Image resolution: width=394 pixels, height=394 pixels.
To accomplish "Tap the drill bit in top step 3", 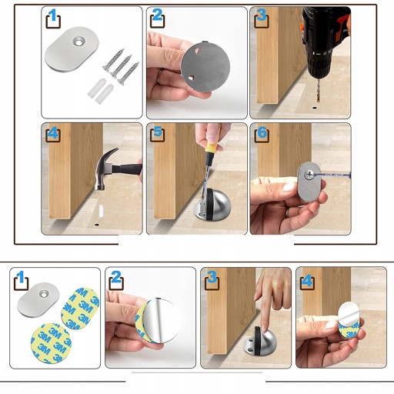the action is [x=319, y=91].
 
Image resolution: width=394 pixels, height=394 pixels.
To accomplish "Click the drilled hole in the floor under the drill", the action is [x=315, y=107].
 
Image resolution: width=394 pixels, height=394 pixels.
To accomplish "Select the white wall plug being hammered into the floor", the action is [x=101, y=211].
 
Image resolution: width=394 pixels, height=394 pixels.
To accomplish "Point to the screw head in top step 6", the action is [x=309, y=175].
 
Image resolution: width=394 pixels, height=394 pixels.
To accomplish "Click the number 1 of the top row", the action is [x=53, y=15].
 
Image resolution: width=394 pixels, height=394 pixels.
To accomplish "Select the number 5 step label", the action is [x=158, y=132].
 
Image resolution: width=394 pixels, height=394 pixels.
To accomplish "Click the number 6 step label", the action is [x=262, y=132].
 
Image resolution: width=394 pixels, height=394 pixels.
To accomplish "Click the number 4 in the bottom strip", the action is [x=307, y=281].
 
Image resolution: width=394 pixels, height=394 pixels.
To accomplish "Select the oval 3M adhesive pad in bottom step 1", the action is [x=80, y=309].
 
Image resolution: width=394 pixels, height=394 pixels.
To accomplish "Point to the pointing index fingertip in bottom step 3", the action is [x=264, y=329].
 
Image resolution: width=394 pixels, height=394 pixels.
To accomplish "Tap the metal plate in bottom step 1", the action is [x=38, y=300].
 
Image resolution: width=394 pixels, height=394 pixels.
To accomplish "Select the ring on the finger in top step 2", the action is [x=159, y=76].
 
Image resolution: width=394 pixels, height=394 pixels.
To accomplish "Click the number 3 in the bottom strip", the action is [x=212, y=277].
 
